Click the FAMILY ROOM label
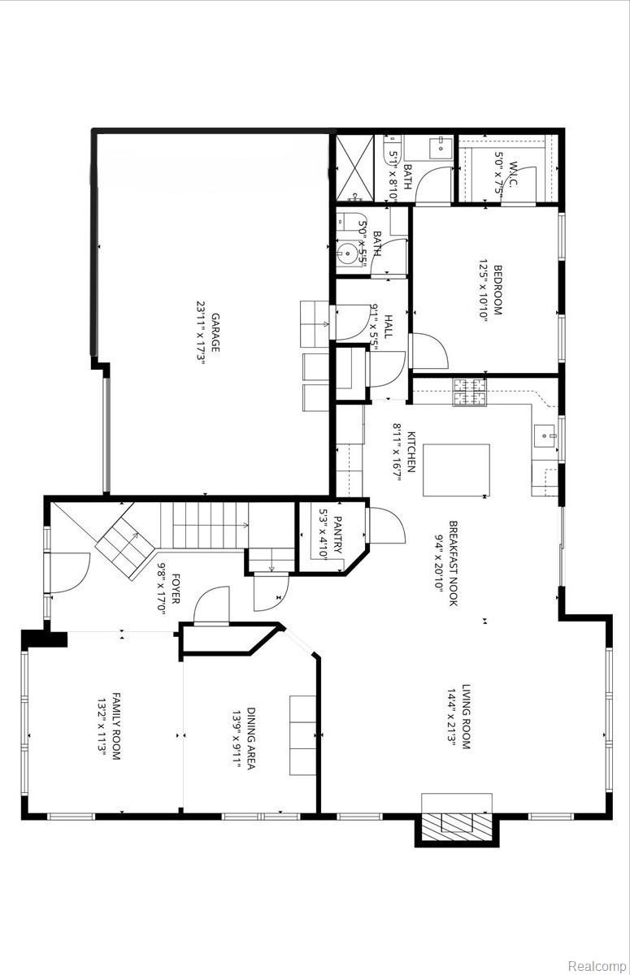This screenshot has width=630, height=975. coord(116,726)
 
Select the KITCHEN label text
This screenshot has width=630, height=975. coord(412,452)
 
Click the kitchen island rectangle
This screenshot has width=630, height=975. coord(455,469)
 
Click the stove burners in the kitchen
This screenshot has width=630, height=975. coord(470,392)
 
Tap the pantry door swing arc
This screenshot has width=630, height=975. coord(389,528)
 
